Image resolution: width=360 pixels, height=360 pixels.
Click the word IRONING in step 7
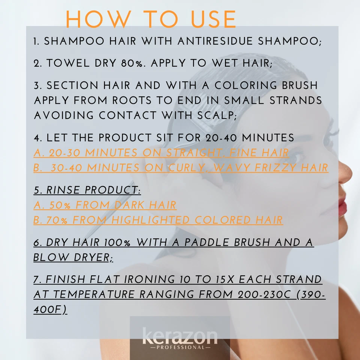[x=146, y=280]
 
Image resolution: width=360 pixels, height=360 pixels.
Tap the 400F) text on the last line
[x=50, y=310]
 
